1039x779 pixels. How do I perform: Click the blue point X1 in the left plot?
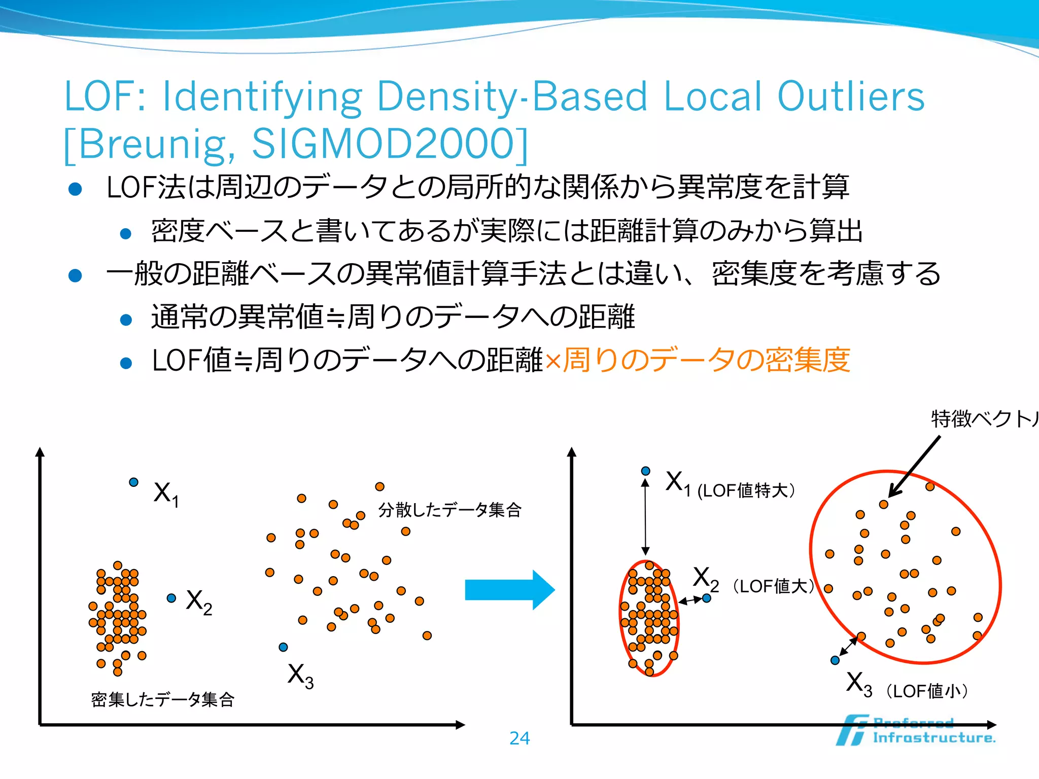coord(133,482)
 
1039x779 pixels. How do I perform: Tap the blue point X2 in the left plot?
coord(171,598)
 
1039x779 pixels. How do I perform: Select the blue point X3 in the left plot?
coord(283,647)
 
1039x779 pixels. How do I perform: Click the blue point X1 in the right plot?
coord(645,471)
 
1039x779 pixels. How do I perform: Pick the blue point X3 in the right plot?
coord(835,660)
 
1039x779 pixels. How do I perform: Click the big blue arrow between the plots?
coord(509,590)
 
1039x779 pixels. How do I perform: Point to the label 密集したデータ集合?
coord(162,699)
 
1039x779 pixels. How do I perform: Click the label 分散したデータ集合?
coord(449,509)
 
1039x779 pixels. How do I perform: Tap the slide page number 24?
coord(519,738)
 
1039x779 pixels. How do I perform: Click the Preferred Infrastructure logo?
coord(916,731)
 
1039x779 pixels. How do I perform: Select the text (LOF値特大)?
coord(746,490)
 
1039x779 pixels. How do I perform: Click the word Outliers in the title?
coord(851,96)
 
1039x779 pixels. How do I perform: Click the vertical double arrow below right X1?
coord(645,517)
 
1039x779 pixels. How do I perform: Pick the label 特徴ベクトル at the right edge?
coord(984,419)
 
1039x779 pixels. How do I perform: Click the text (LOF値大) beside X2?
coord(774,586)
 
